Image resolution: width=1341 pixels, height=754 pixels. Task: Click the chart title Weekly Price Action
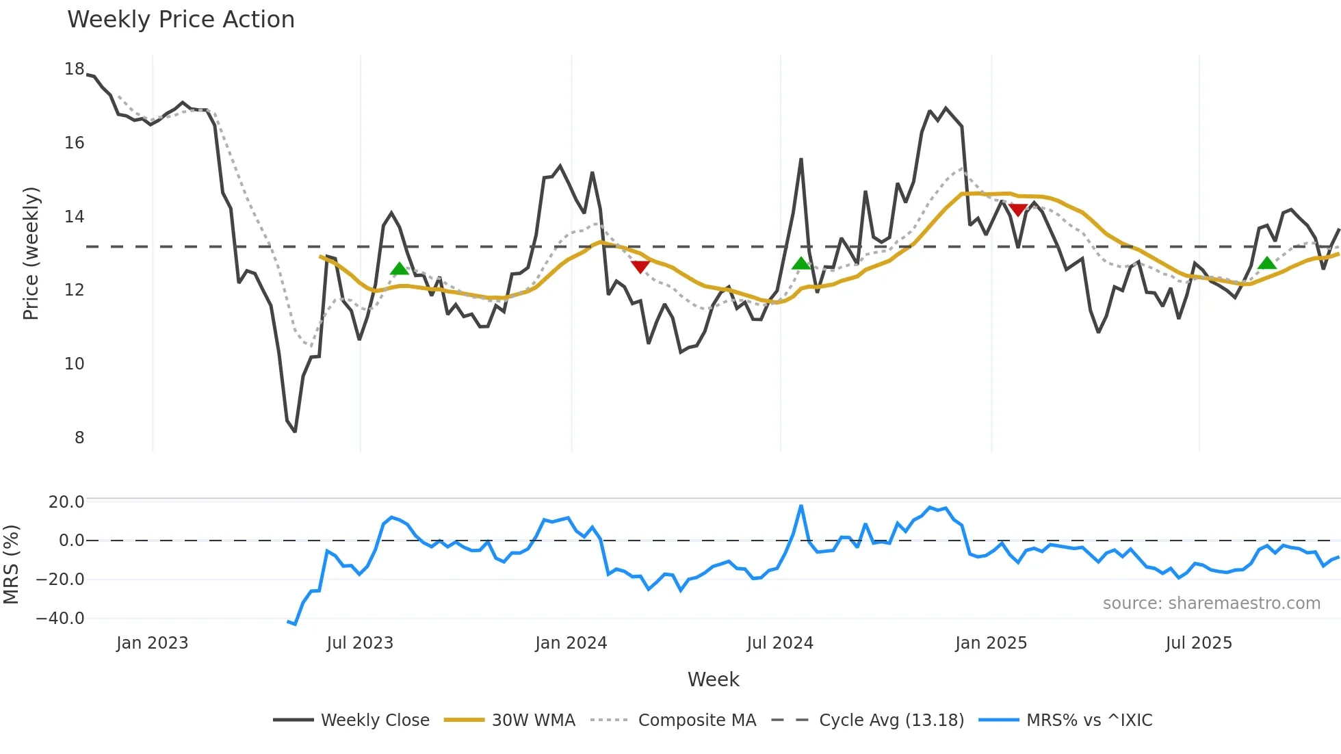181,20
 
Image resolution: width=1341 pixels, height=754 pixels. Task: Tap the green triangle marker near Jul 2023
399,269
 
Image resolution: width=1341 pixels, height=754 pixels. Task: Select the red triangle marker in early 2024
640,267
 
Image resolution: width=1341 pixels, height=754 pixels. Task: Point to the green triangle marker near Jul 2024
800,263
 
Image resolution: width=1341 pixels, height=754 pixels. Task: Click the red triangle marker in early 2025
1018,209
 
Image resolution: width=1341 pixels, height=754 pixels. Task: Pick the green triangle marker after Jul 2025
1266,263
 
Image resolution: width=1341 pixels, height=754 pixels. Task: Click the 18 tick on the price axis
74,69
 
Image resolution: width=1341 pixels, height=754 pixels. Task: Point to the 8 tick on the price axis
79,438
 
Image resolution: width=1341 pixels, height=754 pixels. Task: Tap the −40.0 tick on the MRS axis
60,619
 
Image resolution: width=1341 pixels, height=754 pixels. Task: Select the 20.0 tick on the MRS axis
66,502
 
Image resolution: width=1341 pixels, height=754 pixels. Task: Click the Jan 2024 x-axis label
571,643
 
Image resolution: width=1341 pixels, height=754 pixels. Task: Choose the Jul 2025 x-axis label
1199,643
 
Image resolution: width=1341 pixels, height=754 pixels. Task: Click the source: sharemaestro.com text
1211,603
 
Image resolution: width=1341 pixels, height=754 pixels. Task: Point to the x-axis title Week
713,679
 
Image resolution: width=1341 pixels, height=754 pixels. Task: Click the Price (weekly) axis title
31,253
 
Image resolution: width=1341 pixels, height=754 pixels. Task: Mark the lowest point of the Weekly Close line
295,431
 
